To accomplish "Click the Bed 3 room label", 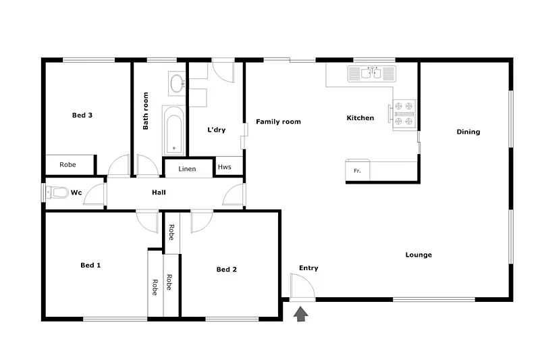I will (x=82, y=115).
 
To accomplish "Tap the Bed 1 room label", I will (x=90, y=265).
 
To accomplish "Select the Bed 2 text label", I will (x=226, y=269).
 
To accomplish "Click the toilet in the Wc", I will (x=57, y=193).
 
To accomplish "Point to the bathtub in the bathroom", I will (x=173, y=130).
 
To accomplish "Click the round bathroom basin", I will (x=178, y=84).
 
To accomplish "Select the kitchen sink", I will (x=373, y=73).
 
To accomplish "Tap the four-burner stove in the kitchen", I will (x=404, y=113).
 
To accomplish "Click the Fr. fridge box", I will (x=358, y=171).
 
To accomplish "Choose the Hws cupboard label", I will (x=224, y=168).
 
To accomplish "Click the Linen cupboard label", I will (x=188, y=169).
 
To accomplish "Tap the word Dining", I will (x=468, y=132).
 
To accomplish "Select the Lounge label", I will (x=418, y=255).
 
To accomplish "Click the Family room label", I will (x=278, y=122).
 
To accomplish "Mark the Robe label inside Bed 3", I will (x=67, y=165).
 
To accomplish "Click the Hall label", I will (x=159, y=192).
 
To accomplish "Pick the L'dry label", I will (x=216, y=130).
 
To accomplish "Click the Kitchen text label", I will (x=360, y=118).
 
